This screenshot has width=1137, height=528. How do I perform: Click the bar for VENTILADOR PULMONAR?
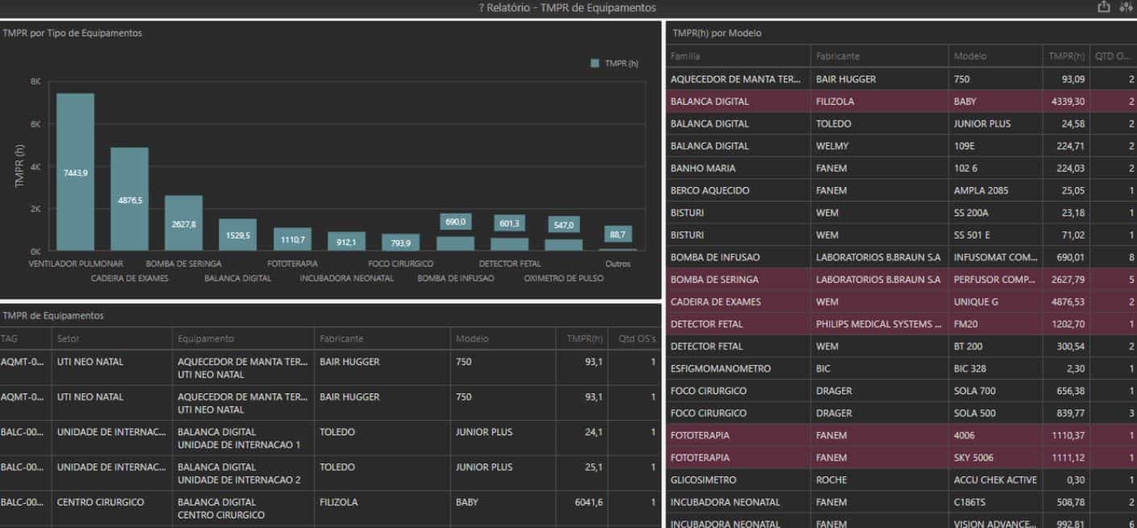[x=75, y=172]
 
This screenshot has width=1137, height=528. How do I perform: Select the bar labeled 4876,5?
[x=129, y=199]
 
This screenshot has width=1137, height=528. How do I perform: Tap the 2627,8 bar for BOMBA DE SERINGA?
[x=184, y=223]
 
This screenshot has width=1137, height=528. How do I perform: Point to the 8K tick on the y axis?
[x=35, y=81]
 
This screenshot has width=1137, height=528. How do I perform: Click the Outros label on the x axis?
[x=618, y=264]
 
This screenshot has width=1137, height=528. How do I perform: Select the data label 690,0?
[x=455, y=222]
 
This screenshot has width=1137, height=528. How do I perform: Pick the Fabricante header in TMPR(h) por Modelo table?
[x=838, y=56]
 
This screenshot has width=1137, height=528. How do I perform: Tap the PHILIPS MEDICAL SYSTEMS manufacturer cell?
[x=878, y=324]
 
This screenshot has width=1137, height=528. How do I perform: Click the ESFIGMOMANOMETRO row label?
[x=720, y=368]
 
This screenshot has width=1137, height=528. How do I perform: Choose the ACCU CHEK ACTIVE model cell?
[x=995, y=480]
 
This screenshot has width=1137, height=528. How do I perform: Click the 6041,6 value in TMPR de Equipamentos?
[x=587, y=502]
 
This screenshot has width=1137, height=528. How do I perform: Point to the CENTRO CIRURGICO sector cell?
[x=101, y=502]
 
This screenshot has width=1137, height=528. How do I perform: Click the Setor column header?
[x=68, y=339]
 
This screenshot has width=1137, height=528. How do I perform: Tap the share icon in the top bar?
[x=1103, y=7]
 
